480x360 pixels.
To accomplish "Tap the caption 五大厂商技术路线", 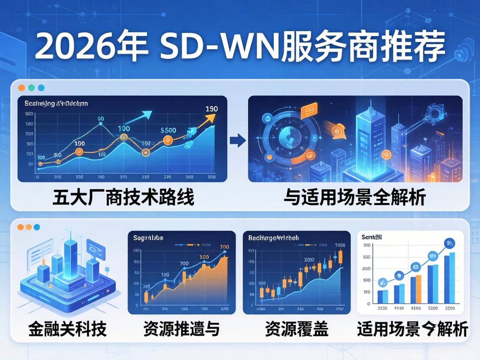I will [x=123, y=197].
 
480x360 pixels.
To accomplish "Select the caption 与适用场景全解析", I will [x=355, y=197].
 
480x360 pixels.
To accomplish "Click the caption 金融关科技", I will [x=67, y=329].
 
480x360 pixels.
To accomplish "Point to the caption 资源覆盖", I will [x=296, y=329].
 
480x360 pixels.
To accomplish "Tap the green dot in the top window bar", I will [x=31, y=88].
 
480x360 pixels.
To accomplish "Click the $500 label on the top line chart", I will [x=168, y=130].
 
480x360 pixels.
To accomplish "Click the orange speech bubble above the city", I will [x=308, y=110].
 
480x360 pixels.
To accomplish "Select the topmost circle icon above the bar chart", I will [x=449, y=242].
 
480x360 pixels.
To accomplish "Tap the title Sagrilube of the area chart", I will [x=148, y=238].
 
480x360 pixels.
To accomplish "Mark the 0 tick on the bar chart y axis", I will [x=368, y=304].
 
